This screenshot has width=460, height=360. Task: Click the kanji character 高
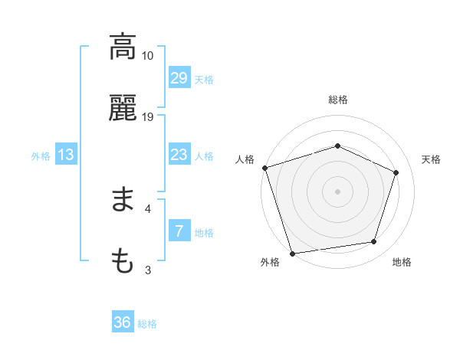tap(123, 47)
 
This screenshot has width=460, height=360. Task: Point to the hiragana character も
tap(123, 263)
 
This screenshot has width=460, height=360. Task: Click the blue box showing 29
tap(179, 78)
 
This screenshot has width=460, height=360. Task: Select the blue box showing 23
tap(179, 155)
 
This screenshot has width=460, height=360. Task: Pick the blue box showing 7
tap(179, 231)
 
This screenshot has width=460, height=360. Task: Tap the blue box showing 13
tap(66, 155)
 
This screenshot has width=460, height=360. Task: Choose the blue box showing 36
tap(123, 322)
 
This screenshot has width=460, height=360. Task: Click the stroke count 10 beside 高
tap(148, 56)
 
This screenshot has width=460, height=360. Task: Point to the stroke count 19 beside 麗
tap(148, 117)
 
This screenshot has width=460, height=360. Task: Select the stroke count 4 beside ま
tap(147, 208)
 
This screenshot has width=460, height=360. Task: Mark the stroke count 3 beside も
tap(147, 270)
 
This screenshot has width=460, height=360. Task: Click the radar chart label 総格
tap(338, 100)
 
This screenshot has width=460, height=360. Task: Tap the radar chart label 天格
tap(431, 159)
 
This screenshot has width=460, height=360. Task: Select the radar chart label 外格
tap(270, 262)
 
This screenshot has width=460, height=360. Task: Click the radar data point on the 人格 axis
tap(264, 168)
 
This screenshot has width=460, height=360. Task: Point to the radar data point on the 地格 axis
tap(374, 242)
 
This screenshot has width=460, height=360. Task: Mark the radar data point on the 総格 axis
tap(337, 146)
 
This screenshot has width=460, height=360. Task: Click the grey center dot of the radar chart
tap(337, 191)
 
